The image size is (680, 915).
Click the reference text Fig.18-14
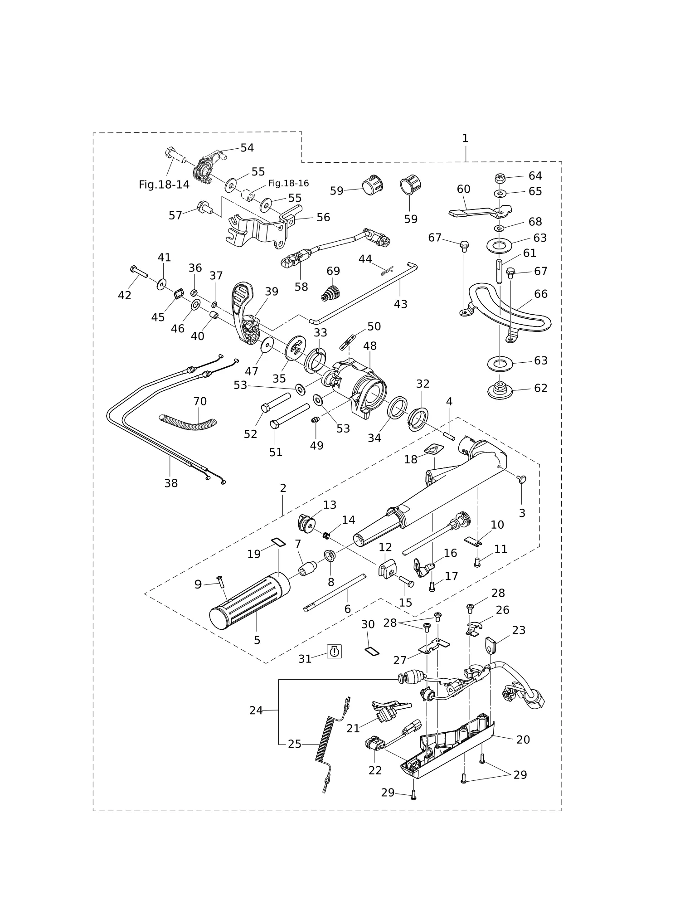point(164,185)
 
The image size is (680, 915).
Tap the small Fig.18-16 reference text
point(288,183)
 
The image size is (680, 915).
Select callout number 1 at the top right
point(465,138)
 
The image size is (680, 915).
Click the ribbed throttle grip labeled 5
point(250,600)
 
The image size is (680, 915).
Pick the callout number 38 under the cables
point(171,483)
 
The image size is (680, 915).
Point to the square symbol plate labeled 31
point(334,651)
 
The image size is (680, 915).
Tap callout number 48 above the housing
point(370,346)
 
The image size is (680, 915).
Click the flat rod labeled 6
point(335,592)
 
